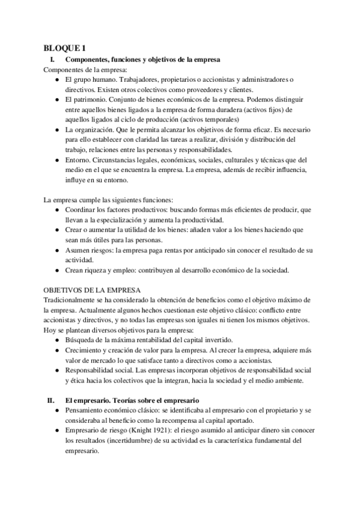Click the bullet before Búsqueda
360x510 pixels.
click(56, 340)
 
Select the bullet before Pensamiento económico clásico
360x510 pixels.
click(56, 410)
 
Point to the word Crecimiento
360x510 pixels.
click(86, 350)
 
